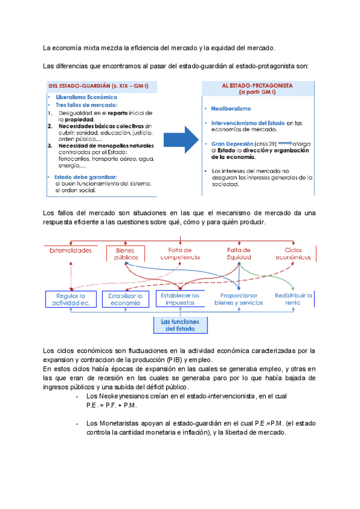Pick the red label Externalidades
[70, 250]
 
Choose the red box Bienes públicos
[122, 253]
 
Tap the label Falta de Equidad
[238, 253]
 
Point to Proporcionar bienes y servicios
[238, 300]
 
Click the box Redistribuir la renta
[294, 300]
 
